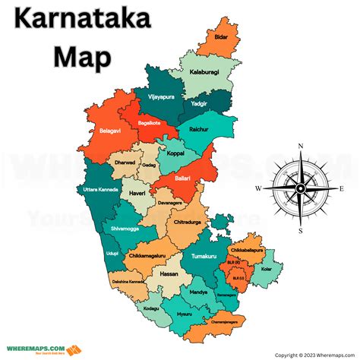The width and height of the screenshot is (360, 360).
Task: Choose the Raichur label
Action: click(200, 130)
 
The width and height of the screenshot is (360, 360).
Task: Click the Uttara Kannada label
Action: click(96, 189)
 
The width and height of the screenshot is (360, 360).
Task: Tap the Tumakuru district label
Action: click(204, 257)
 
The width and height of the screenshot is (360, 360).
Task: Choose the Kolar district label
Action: click(264, 270)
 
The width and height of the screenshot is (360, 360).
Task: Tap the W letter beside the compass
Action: click(258, 187)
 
